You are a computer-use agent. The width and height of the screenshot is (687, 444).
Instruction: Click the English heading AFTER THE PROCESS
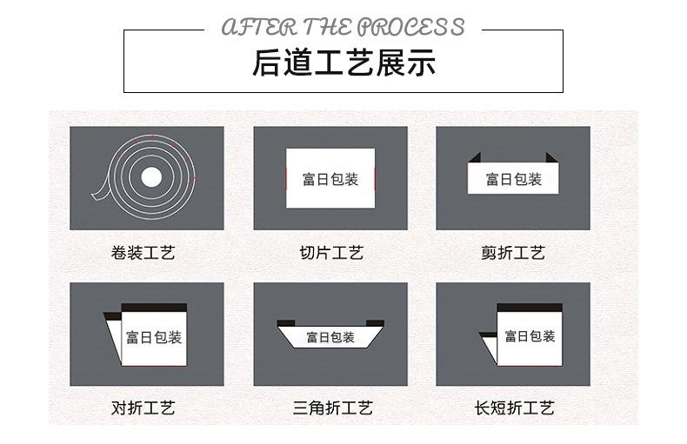coord(343,27)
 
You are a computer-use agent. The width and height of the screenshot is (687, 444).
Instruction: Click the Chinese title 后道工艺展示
coord(343,63)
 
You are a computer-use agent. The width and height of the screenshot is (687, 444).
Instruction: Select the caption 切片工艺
coord(330,254)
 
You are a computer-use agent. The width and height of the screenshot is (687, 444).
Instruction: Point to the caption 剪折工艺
coord(513,254)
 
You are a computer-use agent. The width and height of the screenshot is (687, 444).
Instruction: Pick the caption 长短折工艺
coord(514,408)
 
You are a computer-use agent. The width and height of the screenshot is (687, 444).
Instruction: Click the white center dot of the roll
coord(151,178)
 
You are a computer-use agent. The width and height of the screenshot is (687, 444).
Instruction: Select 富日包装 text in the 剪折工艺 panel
coord(513,180)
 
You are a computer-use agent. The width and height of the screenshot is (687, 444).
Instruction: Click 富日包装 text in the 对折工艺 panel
coord(154,337)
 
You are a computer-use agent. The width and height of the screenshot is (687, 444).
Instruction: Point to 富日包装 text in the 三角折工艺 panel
coord(330,337)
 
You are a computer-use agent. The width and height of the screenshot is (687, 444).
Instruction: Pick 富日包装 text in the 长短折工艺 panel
coord(530,336)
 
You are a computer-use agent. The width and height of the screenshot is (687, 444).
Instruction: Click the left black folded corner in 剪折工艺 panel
coord(474,158)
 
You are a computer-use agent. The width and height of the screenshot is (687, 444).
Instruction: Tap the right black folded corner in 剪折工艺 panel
coord(551,158)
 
